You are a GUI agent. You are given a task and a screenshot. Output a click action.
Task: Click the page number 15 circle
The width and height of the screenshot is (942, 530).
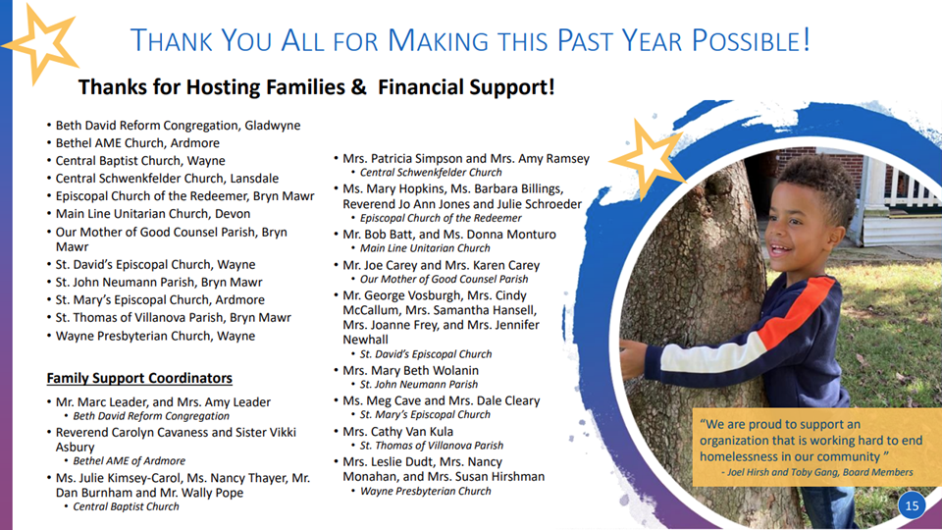pyautogui.click(x=912, y=505)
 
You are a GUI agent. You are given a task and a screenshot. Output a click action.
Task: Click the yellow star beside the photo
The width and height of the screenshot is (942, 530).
pyautogui.click(x=649, y=157)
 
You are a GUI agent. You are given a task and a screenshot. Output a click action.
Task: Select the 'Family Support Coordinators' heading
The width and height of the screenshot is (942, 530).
pyautogui.click(x=139, y=378)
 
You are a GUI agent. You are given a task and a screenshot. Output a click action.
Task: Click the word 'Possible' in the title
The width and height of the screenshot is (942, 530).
pyautogui.click(x=751, y=41)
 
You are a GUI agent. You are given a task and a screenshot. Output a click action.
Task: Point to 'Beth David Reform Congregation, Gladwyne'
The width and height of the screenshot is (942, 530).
pyautogui.click(x=178, y=126)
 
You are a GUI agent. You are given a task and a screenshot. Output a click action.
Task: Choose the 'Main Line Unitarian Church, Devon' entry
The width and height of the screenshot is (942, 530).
pyautogui.click(x=153, y=214)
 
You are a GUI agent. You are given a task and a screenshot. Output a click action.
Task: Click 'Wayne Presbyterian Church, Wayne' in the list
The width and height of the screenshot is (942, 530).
pyautogui.click(x=155, y=336)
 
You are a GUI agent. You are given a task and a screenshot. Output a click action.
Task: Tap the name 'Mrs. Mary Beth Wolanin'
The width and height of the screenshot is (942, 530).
pyautogui.click(x=410, y=371)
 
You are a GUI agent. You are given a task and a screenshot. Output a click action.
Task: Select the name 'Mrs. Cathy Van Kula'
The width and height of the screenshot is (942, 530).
pyautogui.click(x=397, y=432)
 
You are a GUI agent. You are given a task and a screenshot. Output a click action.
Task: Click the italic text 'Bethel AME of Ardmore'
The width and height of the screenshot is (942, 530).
pyautogui.click(x=130, y=461)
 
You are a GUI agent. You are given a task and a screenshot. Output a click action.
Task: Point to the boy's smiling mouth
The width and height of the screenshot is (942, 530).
pyautogui.click(x=780, y=247)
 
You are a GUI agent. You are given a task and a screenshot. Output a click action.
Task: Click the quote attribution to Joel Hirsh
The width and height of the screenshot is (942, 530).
pyautogui.click(x=817, y=472)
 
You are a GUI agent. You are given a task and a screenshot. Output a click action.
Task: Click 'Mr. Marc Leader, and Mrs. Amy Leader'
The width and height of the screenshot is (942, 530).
pyautogui.click(x=163, y=402)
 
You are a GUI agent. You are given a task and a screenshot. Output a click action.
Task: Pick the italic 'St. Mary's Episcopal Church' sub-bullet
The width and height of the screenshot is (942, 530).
pyautogui.click(x=425, y=414)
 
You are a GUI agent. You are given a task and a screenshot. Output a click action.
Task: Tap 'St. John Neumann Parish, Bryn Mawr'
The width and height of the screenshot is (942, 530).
pyautogui.click(x=159, y=283)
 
